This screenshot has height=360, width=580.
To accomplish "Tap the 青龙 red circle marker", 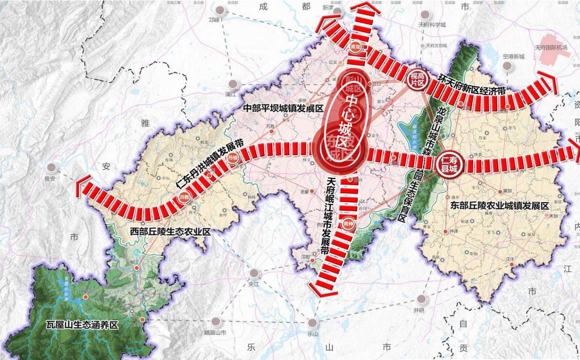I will click(355, 47).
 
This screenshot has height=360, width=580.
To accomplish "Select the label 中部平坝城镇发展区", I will click(283, 108).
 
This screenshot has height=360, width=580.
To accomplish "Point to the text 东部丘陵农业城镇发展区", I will click(499, 205).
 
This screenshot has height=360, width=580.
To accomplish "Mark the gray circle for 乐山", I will click(313, 323).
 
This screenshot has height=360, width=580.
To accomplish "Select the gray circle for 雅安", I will click(52, 167).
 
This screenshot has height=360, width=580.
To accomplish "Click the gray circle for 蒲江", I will click(233, 85).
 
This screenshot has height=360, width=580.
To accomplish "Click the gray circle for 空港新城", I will click(507, 66).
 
